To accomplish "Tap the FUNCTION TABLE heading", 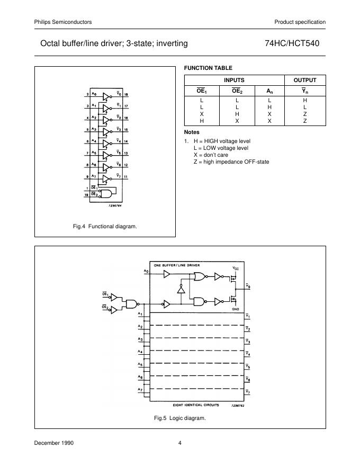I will pos(208,68).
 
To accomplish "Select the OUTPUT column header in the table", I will pos(305,80).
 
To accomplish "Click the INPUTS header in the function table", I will pos(234,80).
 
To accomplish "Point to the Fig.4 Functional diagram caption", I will pos(105,227).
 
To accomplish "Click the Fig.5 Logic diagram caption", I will pos(179,418).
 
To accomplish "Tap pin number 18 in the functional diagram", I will pos(127,95).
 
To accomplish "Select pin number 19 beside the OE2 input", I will pos(86,194).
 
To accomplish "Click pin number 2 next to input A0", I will pos(87,95).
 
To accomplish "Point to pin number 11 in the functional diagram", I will pos(127,176).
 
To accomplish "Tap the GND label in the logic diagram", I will pos(235,308).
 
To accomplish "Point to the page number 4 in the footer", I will pos(180,443).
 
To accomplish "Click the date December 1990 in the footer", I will pos(54,443).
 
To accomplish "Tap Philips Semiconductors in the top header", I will pos(63,22).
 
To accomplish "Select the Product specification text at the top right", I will pos(300,22).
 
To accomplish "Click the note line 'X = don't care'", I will pos(211,155).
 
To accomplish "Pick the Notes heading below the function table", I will pos(192,131).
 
